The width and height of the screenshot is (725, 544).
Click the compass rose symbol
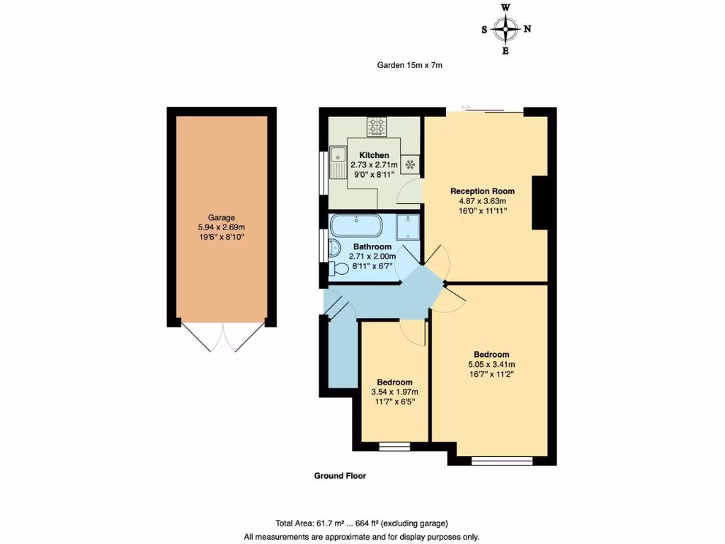click(506, 29)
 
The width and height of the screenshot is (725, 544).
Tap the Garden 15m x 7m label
click(409, 65)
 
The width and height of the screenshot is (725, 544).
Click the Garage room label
click(221, 217)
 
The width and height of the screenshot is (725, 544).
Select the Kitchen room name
click(374, 155)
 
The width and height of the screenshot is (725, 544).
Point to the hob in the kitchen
click(377, 127)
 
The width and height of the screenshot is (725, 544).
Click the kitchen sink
click(338, 154)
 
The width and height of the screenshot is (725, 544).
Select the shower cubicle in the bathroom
click(408, 226)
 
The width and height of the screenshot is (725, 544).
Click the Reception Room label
click(482, 191)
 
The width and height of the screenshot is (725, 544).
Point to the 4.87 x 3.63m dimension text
click(482, 200)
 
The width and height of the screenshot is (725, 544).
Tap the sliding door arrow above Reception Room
click(465, 107)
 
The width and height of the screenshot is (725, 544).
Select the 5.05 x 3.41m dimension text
click(491, 365)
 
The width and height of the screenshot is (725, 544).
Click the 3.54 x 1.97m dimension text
click(394, 392)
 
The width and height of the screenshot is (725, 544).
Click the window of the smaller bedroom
click(394, 446)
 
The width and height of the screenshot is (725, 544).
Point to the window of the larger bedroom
click(502, 461)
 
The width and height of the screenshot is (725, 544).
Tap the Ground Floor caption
click(340, 476)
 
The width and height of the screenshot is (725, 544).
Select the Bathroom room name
click(372, 247)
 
